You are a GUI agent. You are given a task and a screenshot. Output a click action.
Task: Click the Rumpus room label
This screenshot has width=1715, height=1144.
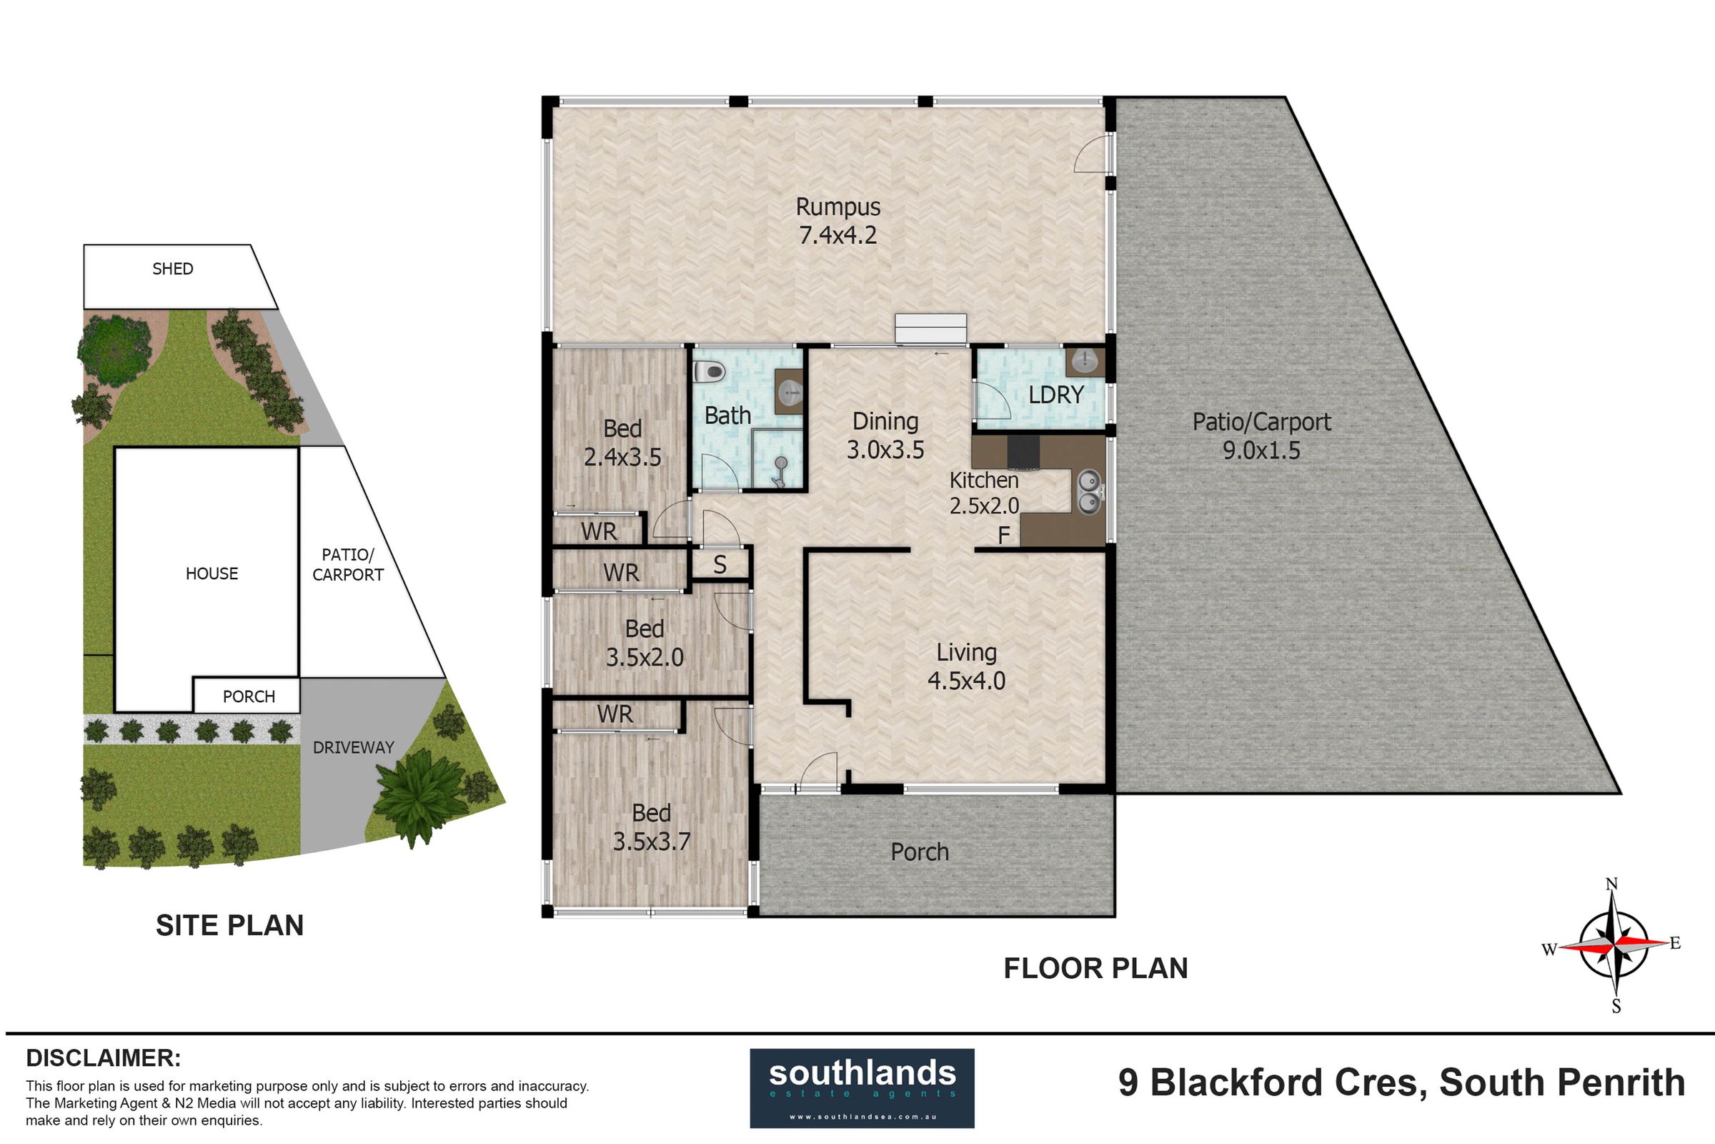click(x=837, y=207)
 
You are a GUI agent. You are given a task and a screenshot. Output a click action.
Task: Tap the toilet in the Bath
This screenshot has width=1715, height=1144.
click(x=708, y=372)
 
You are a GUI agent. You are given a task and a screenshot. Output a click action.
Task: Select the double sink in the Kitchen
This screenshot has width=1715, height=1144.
click(x=1088, y=492)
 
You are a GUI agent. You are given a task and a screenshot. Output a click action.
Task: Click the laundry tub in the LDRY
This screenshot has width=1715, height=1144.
click(x=1085, y=361)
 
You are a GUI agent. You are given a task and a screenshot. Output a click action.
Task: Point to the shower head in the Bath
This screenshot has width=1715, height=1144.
click(x=780, y=471)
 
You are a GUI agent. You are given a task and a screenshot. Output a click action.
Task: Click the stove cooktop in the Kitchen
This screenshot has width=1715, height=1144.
click(x=1024, y=452)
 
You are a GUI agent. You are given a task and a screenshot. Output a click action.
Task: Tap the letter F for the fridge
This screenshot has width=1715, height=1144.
click(x=1003, y=536)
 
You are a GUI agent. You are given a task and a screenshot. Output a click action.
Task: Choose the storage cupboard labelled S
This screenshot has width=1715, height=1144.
click(x=720, y=565)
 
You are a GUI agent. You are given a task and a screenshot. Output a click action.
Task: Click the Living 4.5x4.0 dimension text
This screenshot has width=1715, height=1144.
click(x=966, y=681)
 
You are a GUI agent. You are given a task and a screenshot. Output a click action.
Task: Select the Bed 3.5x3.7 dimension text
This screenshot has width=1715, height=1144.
click(x=651, y=842)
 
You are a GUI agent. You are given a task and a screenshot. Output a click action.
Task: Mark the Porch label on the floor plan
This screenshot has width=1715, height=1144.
click(x=920, y=852)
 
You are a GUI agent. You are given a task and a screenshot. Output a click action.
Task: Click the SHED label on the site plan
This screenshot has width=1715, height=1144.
click(x=173, y=269)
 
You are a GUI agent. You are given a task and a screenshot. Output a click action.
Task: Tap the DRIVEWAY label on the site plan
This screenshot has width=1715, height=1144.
click(x=353, y=747)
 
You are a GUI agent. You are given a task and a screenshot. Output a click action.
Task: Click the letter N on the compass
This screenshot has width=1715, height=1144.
click(x=1611, y=884)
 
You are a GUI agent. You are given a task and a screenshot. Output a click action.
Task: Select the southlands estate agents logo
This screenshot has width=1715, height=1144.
click(x=862, y=1088)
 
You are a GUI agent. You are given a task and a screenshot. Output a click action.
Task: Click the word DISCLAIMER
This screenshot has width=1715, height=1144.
click(x=104, y=1058)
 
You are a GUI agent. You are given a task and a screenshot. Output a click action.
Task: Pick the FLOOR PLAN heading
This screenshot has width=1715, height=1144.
click(x=1095, y=968)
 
